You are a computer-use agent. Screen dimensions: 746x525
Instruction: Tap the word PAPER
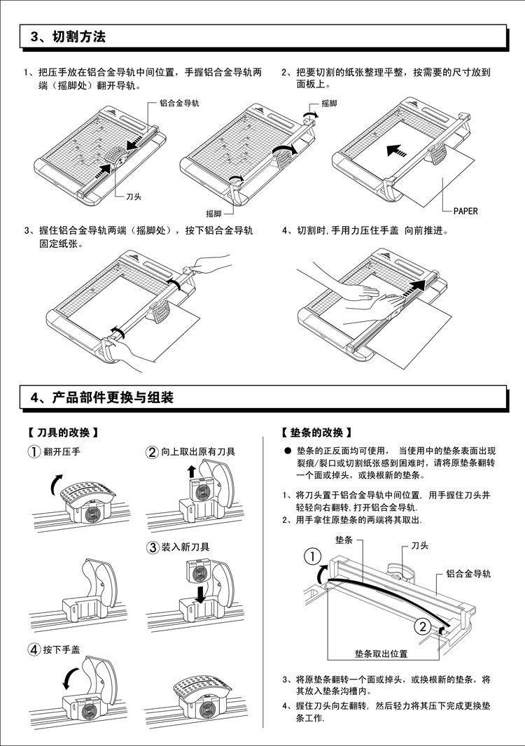pos(465,211)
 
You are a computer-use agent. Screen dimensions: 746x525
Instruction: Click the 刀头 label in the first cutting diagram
pos(134,197)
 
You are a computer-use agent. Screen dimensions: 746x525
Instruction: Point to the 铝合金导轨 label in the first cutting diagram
pos(179,103)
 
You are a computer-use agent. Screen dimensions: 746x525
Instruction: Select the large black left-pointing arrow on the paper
pos(397,150)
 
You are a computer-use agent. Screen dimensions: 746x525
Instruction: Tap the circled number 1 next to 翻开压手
pos(34,452)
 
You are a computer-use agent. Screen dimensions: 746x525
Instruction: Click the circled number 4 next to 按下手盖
pos(34,649)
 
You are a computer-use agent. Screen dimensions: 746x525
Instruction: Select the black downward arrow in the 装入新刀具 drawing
pos(200,593)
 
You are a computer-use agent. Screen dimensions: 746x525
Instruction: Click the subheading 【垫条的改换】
pos(316,433)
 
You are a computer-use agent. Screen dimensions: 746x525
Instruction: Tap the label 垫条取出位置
pos(381,654)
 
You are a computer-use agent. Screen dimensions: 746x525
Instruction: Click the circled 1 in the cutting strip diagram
pos(313,557)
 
